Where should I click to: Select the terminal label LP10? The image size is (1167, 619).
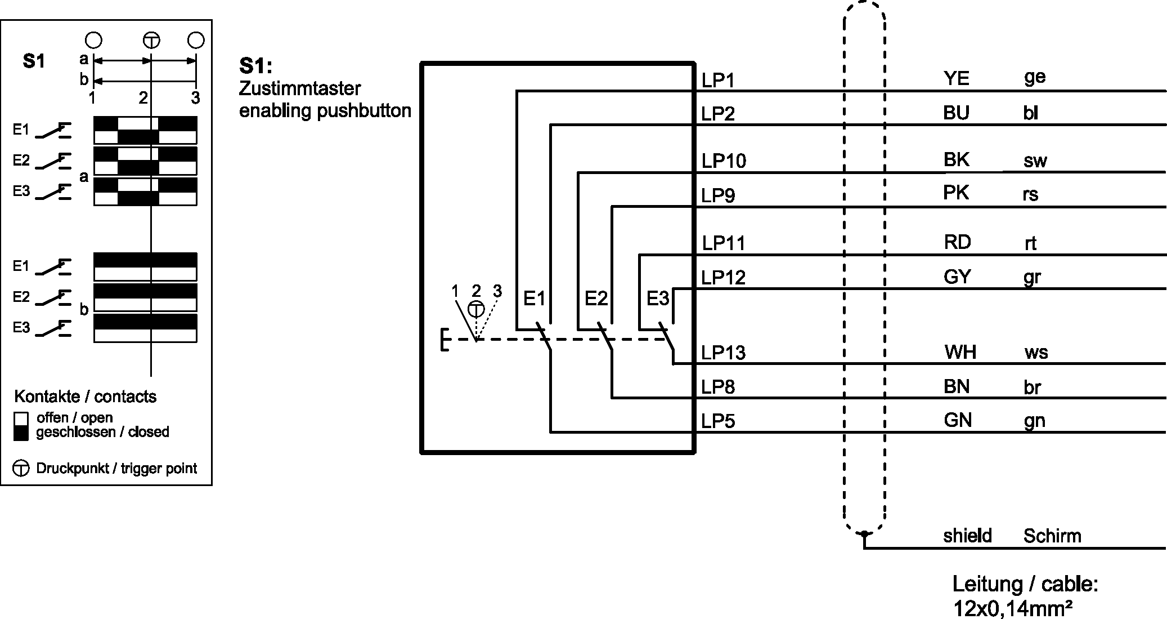(x=723, y=161)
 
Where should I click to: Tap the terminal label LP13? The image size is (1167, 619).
(x=723, y=353)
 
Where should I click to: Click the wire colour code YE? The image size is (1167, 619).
(x=956, y=78)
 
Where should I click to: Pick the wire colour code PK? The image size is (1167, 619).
(x=955, y=193)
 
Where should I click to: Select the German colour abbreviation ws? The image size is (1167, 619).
(x=1036, y=353)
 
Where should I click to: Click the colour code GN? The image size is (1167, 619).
(x=957, y=420)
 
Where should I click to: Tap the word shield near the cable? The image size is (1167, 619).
(x=967, y=535)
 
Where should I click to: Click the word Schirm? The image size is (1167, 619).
(x=1052, y=536)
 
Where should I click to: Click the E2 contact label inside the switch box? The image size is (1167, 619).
(x=596, y=298)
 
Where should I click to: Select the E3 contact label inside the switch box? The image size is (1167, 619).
(x=657, y=298)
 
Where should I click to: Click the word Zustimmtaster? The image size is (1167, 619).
(x=299, y=88)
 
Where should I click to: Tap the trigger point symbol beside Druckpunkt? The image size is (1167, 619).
(x=21, y=468)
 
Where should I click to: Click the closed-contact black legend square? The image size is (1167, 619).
(x=21, y=433)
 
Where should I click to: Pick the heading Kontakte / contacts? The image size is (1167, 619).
(x=85, y=397)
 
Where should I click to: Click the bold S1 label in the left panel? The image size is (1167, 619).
(x=34, y=61)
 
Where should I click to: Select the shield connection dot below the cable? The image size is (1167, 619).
(x=864, y=533)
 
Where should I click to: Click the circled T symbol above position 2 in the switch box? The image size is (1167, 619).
(x=476, y=310)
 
